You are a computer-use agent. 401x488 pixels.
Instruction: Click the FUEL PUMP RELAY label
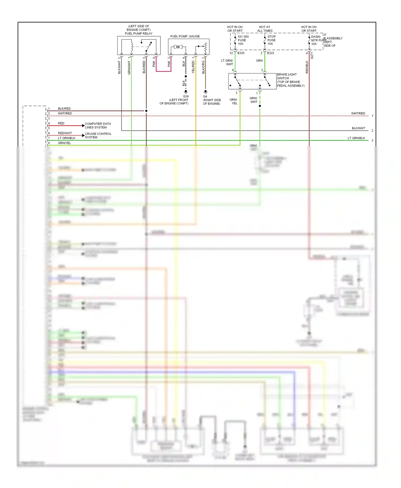[138, 33]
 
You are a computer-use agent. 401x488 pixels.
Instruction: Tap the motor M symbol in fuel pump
[178, 47]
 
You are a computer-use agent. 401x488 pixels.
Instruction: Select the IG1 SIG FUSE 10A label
[243, 40]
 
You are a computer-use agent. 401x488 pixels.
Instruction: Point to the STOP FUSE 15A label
[271, 40]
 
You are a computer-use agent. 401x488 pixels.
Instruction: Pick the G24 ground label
[186, 96]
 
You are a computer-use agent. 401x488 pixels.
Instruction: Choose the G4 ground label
[205, 96]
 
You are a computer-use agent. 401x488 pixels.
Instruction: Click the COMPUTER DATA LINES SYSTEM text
[98, 125]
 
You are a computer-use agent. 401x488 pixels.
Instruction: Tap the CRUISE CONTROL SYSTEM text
[98, 135]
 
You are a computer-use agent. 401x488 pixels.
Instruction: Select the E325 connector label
[241, 53]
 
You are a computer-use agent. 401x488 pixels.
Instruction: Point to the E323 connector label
[271, 53]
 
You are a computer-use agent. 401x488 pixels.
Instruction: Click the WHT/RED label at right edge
[358, 113]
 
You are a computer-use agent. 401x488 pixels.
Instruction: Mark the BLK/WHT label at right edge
[358, 128]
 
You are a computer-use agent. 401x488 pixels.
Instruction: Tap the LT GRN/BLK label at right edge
[356, 138]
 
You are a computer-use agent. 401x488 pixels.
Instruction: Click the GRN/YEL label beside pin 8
[64, 143]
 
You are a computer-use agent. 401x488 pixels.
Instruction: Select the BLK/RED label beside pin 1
[64, 109]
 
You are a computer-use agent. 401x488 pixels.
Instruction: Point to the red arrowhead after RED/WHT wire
[83, 135]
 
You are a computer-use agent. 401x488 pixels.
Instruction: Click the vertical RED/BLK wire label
[307, 67]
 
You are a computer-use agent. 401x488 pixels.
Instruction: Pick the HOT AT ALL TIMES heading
[265, 29]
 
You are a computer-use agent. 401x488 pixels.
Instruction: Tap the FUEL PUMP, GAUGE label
[185, 36]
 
